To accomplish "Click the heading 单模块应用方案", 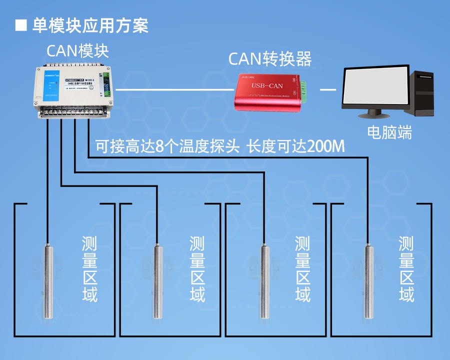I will [x=90, y=25].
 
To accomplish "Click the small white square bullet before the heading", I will [x=21, y=25].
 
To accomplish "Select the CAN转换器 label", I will [x=270, y=59].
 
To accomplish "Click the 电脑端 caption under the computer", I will [x=389, y=132].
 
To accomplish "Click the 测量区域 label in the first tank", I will [x=90, y=269].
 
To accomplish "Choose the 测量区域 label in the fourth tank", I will [x=406, y=269].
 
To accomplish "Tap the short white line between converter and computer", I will [x=328, y=89].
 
